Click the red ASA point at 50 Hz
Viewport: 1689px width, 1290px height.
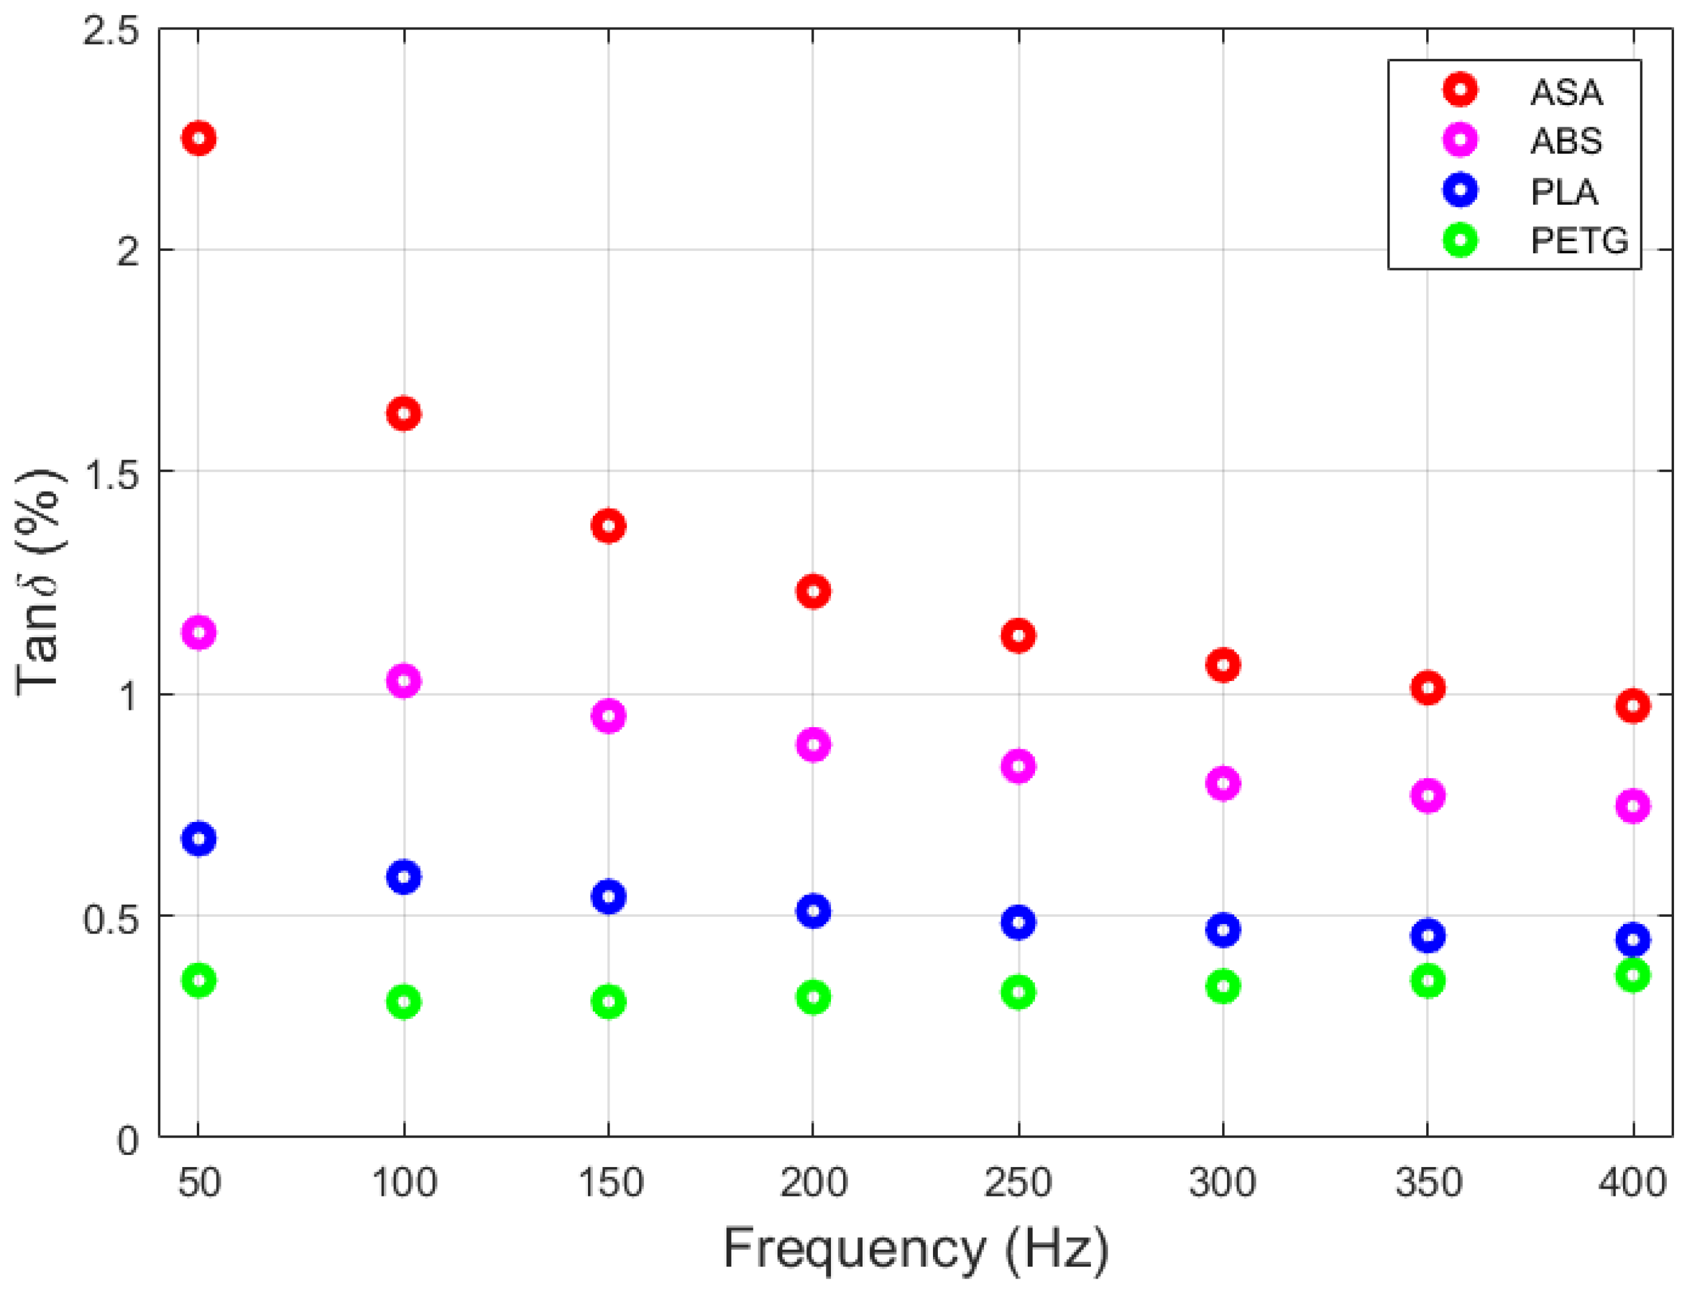pyautogui.click(x=199, y=138)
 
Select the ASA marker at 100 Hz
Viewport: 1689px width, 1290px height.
pyautogui.click(x=404, y=414)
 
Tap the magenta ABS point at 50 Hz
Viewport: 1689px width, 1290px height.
pyautogui.click(x=199, y=633)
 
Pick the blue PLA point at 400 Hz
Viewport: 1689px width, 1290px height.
pyautogui.click(x=1633, y=939)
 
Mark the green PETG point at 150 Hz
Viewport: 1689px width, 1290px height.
pyautogui.click(x=609, y=1001)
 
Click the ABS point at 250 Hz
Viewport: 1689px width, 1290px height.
pyautogui.click(x=1019, y=766)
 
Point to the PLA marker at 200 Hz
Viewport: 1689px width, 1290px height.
pyautogui.click(x=814, y=911)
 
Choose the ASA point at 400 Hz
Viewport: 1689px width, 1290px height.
pyautogui.click(x=1633, y=706)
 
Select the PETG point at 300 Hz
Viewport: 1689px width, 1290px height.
pyautogui.click(x=1223, y=986)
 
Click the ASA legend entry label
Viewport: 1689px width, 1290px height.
pyautogui.click(x=1565, y=93)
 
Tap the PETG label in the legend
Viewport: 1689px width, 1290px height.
pyautogui.click(x=1579, y=241)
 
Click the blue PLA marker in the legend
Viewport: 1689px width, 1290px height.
pyautogui.click(x=1460, y=190)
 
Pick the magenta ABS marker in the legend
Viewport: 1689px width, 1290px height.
pyautogui.click(x=1460, y=140)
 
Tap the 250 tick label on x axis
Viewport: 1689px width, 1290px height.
pyautogui.click(x=1018, y=1183)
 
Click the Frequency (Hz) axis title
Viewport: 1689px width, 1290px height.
pyautogui.click(x=916, y=1249)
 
